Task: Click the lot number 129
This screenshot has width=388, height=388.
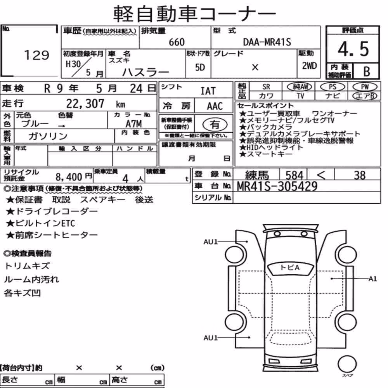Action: tap(36, 55)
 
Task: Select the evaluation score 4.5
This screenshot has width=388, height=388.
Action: tap(353, 49)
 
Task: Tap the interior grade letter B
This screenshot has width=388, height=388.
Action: tap(367, 71)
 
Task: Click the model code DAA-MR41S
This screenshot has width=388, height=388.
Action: tap(267, 42)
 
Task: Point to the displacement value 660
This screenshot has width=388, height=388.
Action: tap(177, 42)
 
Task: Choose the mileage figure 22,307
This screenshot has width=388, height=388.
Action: tap(85, 104)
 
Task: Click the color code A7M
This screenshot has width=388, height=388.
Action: tap(133, 123)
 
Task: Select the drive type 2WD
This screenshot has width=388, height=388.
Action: tap(309, 66)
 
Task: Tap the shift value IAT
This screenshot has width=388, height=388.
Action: tap(208, 91)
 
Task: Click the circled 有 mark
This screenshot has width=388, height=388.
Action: tap(215, 124)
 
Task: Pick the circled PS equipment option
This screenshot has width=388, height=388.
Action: tap(333, 87)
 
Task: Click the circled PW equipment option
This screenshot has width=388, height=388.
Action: tap(365, 87)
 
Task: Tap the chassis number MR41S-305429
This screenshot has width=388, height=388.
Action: tap(277, 186)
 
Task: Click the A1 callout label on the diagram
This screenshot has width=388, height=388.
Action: tap(372, 279)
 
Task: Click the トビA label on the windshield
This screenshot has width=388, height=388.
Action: tap(290, 267)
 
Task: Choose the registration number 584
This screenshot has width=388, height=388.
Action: tap(294, 175)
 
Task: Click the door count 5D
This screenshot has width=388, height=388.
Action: tap(200, 67)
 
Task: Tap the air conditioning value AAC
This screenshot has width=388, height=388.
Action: tap(215, 106)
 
